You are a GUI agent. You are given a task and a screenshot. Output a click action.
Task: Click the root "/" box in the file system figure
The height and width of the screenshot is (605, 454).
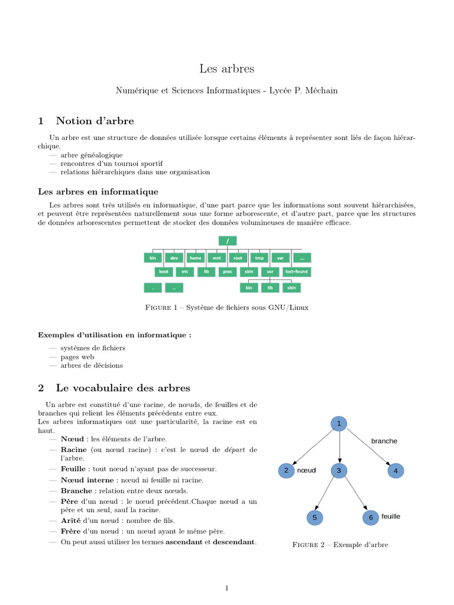coord(227,240)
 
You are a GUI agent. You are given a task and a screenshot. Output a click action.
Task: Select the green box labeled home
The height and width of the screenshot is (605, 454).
coord(195,258)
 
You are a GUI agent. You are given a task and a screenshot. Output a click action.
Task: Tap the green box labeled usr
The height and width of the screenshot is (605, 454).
coord(270,272)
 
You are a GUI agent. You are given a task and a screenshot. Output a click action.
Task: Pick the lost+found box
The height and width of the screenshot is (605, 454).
coord(296,272)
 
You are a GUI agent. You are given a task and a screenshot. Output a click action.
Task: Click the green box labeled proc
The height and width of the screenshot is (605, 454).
coord(227,272)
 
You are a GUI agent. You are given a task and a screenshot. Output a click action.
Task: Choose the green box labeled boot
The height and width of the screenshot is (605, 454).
coord(164,272)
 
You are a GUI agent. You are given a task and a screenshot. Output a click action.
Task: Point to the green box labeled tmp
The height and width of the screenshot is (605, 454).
coord(259,258)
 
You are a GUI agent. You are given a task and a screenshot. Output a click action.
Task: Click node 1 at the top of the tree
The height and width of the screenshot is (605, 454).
coord(339,424)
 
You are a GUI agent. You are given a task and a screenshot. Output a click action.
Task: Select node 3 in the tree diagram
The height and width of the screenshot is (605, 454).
coord(339,471)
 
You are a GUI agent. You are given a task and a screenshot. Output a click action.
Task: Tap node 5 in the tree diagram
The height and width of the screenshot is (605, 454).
coord(314,518)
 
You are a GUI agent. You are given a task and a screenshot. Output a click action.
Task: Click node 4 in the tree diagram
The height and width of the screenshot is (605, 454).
coord(396,471)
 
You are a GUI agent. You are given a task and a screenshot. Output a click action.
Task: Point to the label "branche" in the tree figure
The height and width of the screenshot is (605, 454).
coord(384,441)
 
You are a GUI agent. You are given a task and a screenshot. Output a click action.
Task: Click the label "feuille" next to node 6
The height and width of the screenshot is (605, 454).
coord(391,516)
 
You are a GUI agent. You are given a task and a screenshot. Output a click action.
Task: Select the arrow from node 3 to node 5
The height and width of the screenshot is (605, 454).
coord(327,494)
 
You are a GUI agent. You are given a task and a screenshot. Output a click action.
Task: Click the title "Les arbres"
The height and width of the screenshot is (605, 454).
coord(226,69)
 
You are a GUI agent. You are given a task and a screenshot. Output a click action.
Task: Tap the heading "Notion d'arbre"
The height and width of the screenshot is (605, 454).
coord(95,121)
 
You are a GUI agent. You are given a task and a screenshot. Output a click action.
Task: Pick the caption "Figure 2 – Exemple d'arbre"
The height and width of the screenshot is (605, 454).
coord(340,545)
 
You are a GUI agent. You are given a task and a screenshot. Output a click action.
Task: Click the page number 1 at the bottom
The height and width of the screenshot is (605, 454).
coord(226,588)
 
